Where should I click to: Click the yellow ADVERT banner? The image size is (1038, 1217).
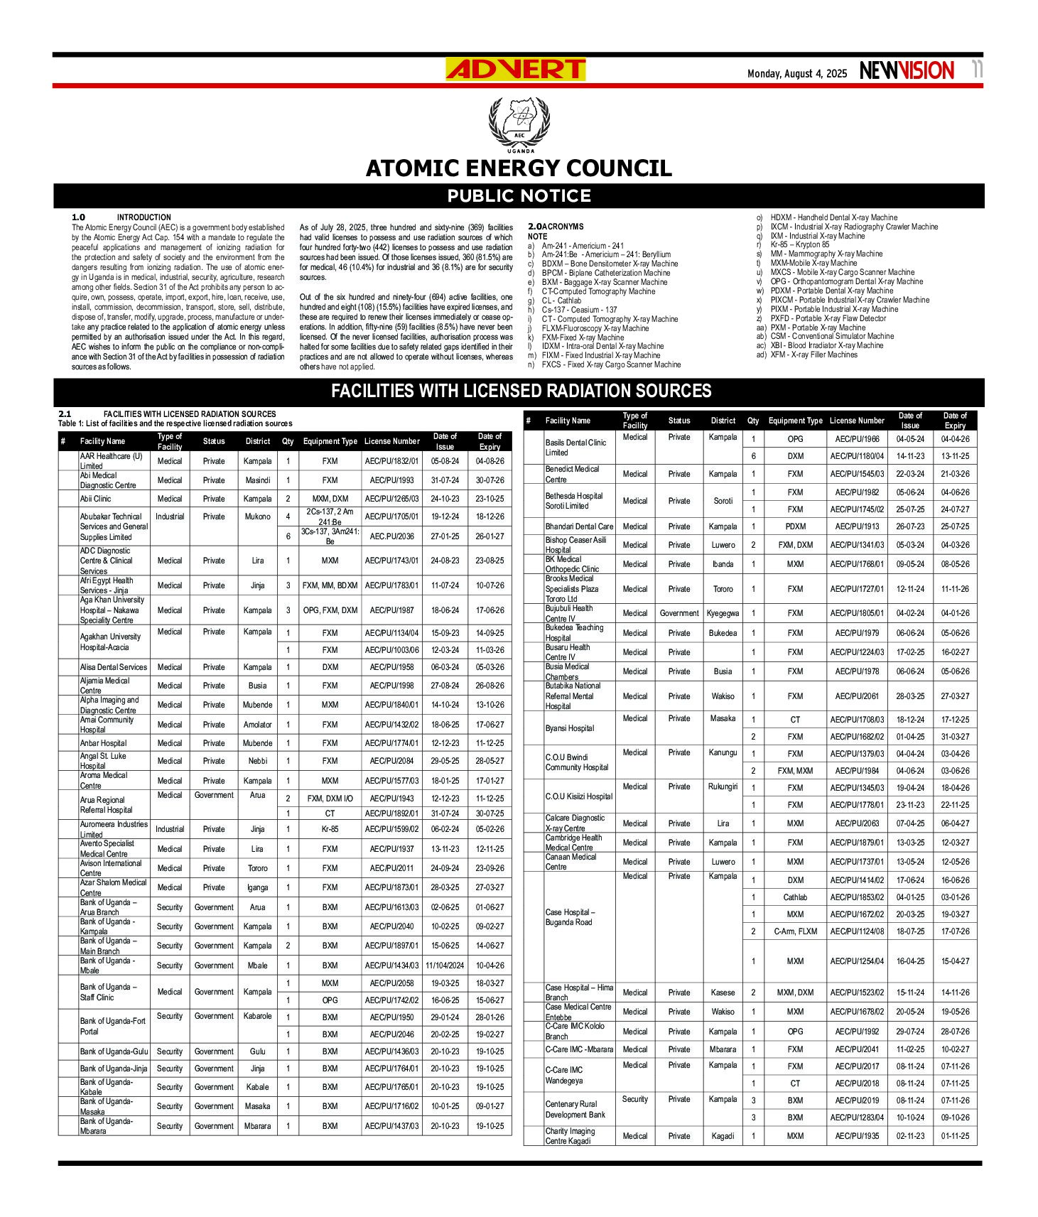[515, 70]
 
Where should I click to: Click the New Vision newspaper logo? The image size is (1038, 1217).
[907, 71]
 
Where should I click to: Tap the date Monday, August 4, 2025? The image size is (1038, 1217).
[796, 74]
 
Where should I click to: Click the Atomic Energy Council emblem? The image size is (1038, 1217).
[519, 124]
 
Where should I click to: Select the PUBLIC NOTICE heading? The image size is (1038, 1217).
[519, 196]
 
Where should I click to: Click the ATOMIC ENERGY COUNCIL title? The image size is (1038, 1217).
[519, 168]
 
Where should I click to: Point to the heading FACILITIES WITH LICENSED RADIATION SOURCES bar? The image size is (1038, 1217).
[521, 391]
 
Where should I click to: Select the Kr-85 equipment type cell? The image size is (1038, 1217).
[330, 829]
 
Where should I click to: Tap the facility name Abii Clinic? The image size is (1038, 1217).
[96, 499]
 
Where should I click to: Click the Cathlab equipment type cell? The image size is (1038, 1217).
[795, 897]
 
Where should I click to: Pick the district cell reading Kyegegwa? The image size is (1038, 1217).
[723, 613]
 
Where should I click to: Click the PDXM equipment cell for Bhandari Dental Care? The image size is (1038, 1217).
[795, 526]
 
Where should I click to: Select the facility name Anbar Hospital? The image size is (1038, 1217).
[103, 743]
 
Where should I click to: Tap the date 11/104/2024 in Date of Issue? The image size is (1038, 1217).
[445, 966]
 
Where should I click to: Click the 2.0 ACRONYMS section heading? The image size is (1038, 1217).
[556, 227]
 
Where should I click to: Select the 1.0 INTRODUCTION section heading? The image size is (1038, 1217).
[121, 217]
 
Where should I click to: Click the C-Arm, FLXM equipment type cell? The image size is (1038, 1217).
[795, 931]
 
